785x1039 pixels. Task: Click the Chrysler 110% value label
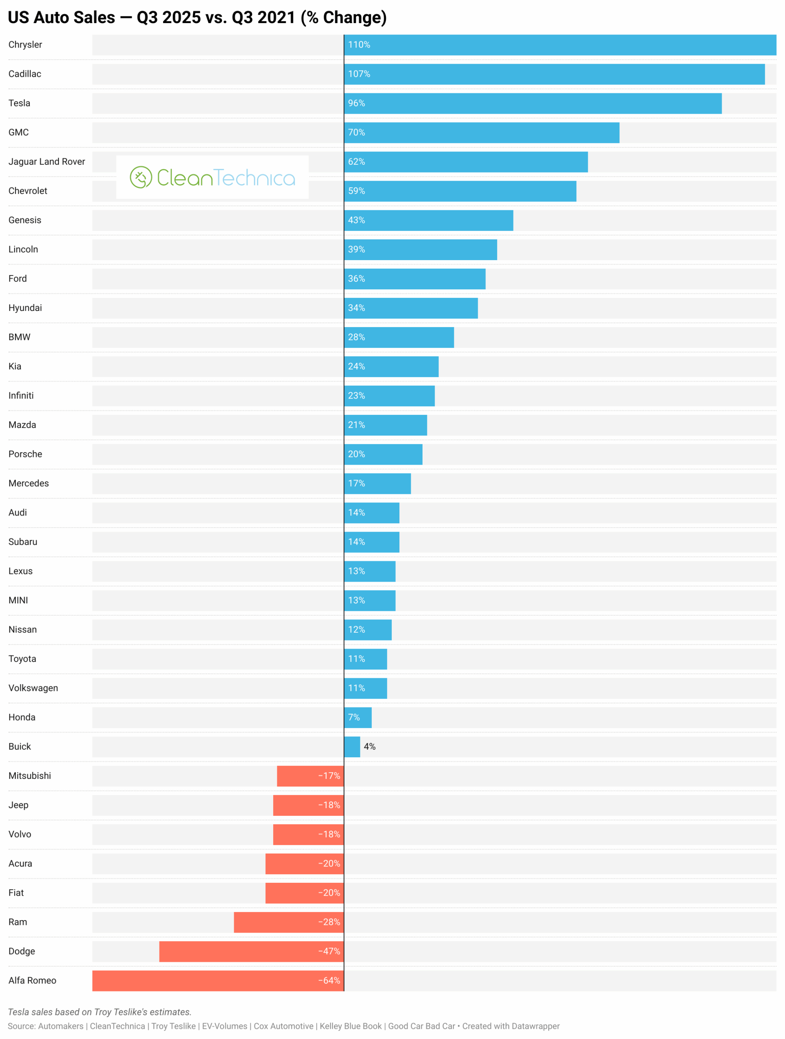tap(359, 45)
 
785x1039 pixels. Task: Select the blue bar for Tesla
tap(532, 103)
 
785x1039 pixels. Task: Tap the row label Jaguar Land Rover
tap(47, 162)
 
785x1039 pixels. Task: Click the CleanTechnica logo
tap(212, 177)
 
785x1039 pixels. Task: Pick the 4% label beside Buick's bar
tap(370, 746)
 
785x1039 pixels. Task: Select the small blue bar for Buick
tap(352, 746)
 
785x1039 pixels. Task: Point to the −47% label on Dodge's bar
tap(329, 951)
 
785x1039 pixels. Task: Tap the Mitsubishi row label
tap(30, 776)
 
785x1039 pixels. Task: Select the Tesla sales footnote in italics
tap(99, 1012)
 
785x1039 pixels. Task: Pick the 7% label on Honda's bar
tap(354, 717)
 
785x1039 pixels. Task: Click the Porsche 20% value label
tap(356, 454)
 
